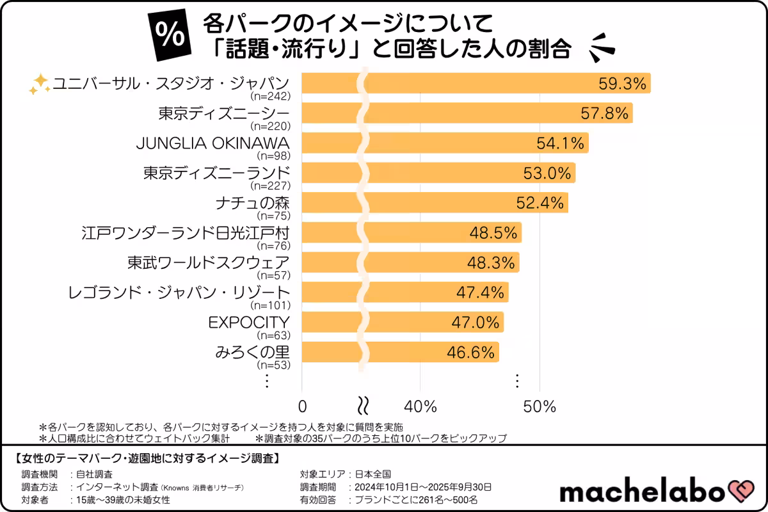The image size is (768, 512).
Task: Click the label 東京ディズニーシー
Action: coord(224,113)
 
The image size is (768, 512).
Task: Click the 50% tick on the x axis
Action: coord(540,406)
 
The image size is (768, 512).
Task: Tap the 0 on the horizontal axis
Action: coord(303,406)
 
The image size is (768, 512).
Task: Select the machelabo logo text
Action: coord(642,492)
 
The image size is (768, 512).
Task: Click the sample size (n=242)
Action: coord(273,96)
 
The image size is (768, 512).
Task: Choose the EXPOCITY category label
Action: coord(250,322)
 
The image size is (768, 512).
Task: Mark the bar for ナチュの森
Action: coord(435,203)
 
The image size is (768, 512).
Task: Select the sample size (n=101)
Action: coord(273,305)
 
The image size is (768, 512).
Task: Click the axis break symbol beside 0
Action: coord(362,406)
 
